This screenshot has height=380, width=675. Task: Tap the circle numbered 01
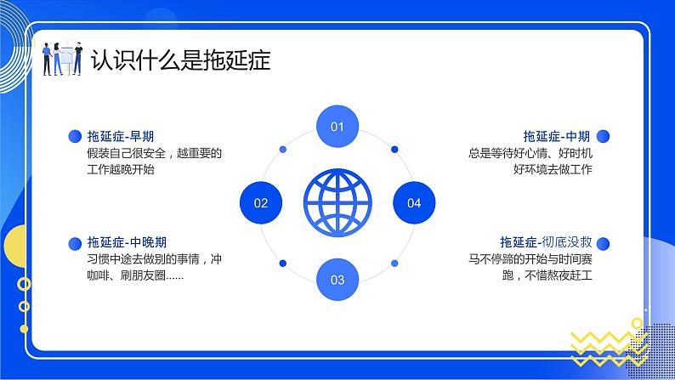click(337, 128)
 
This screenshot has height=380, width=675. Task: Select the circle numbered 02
click(261, 203)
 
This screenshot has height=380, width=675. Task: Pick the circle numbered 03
click(337, 279)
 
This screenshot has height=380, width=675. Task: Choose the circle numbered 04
click(414, 203)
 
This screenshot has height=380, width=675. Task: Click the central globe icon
click(337, 203)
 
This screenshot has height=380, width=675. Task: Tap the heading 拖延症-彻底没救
click(546, 242)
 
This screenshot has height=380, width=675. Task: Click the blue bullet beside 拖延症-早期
click(74, 136)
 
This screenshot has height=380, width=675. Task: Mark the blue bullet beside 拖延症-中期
click(603, 136)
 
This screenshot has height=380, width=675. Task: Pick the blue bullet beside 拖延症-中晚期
click(74, 242)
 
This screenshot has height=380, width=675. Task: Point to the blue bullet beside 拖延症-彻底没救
click(603, 242)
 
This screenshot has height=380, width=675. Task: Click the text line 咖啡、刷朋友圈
click(134, 275)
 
